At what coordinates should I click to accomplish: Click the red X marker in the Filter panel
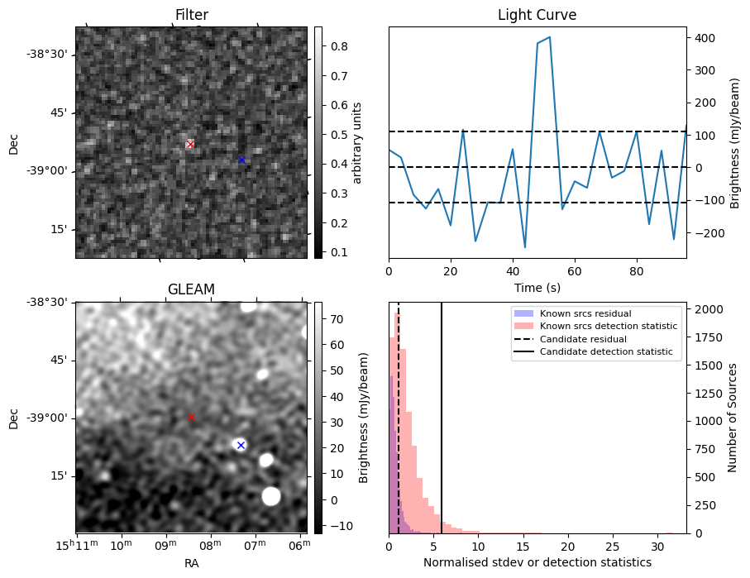tap(190, 144)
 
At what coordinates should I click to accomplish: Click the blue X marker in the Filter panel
tap(241, 160)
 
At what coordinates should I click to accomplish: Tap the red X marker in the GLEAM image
tap(191, 417)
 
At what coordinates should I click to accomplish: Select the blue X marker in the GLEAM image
tap(241, 445)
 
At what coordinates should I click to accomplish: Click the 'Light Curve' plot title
tap(537, 15)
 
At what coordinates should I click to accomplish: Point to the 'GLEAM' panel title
tap(191, 289)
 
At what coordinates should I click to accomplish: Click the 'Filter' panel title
tap(191, 15)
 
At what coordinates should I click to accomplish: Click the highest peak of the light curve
tap(549, 37)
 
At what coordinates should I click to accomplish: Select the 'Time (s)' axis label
tap(537, 287)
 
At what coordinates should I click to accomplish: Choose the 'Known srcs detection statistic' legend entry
tap(608, 326)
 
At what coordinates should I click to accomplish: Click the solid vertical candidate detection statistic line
tap(442, 413)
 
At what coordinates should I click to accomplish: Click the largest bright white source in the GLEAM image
tap(270, 495)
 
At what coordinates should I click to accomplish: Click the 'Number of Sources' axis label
tap(733, 418)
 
